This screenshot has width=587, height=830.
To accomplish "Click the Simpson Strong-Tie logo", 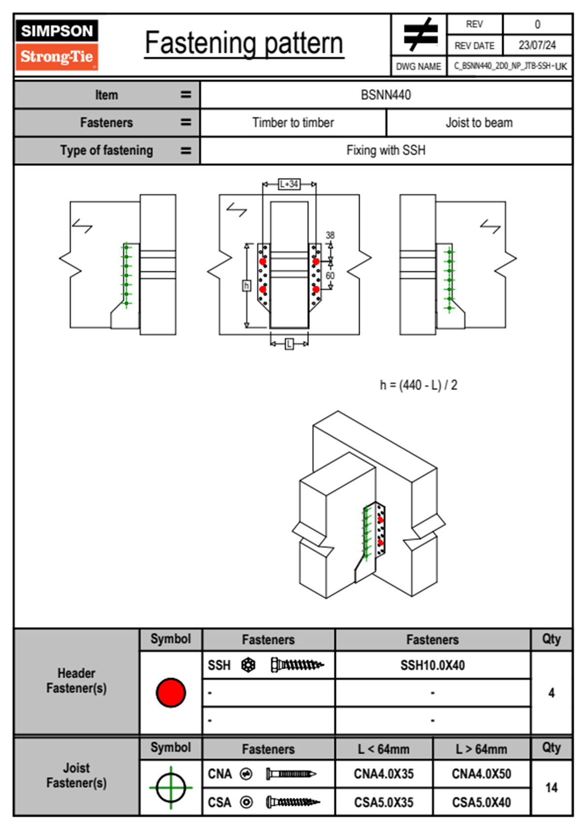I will point(57,44).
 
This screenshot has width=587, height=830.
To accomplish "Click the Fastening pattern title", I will point(244,43).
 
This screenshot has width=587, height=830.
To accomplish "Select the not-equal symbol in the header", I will point(420,35).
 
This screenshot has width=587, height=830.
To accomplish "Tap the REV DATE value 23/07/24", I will point(537,45).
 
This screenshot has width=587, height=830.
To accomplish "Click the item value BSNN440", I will point(386,95).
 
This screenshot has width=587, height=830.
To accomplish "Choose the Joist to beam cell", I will point(479,122).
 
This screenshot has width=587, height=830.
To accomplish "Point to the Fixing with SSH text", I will point(386,150).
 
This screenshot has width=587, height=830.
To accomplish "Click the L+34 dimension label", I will point(289,184).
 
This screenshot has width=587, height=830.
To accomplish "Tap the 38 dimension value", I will point(330,235).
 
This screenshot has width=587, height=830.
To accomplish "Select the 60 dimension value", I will point(330,275).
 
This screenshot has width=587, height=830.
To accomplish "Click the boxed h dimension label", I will point(246,286).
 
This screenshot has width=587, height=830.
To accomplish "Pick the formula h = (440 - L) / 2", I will point(418,385).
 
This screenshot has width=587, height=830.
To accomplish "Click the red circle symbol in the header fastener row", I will point(171,692).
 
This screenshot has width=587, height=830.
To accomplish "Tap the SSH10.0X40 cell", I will point(433,665).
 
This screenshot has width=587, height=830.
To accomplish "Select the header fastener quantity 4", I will point(551,693).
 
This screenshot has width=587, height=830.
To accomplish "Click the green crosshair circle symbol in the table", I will point(171,788).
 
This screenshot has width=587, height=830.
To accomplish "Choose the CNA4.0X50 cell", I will point(481,774).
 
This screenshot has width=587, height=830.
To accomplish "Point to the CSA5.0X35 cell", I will point(384,802).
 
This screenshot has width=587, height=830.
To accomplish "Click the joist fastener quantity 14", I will point(551,788).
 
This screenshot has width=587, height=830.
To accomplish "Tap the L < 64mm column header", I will point(384,749).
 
